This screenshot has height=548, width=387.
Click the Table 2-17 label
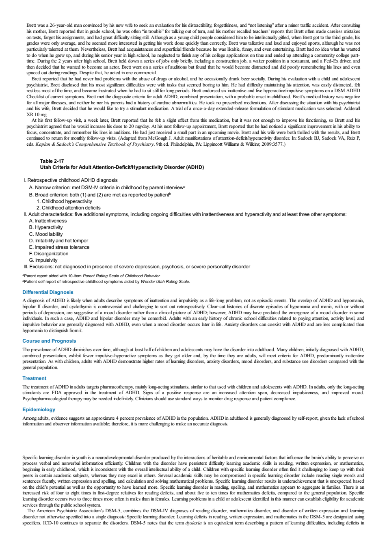pyautogui.click(x=52, y=161)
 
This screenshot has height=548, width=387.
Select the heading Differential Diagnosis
pyautogui.click(x=48, y=292)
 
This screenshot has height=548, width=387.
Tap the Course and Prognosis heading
pyautogui.click(x=49, y=341)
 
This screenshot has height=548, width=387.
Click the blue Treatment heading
pyautogui.click(x=34, y=378)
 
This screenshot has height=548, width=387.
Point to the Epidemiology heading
pyautogui.click(x=39, y=410)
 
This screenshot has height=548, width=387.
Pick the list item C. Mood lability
pyautogui.click(x=46, y=234)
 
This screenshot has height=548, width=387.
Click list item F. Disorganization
pyautogui.click(x=48, y=254)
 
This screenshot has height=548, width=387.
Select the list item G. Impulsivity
pyautogui.click(x=43, y=260)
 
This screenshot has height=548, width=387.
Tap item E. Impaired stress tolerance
pyautogui.click(x=59, y=247)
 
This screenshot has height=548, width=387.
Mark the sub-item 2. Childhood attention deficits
pyautogui.click(x=69, y=208)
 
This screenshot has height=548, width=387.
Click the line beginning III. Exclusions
pyautogui.click(x=137, y=267)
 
